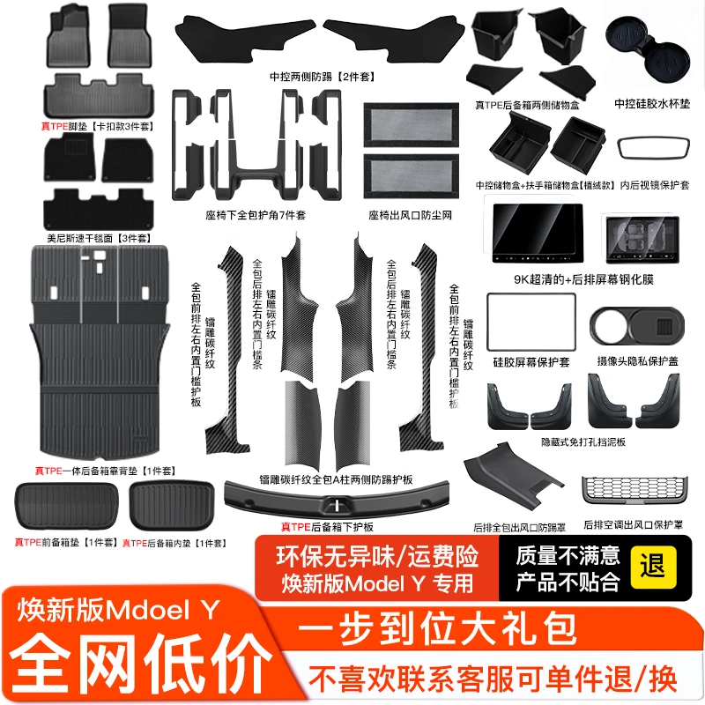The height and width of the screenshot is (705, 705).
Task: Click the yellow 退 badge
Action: click(x=653, y=567)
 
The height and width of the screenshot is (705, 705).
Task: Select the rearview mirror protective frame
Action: click(x=653, y=148)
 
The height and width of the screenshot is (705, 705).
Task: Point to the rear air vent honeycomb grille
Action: click(x=634, y=490)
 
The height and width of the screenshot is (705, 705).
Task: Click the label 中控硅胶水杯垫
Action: click(x=652, y=104)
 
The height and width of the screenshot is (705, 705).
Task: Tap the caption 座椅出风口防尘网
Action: click(x=410, y=215)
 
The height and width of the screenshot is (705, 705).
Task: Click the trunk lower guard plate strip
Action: click(x=337, y=499)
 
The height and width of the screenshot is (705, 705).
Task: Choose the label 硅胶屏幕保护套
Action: click(x=531, y=362)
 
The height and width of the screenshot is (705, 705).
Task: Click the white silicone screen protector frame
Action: click(x=531, y=323)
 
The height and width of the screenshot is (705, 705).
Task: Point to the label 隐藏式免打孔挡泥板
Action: click(x=583, y=442)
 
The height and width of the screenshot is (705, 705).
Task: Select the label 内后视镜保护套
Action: click(x=654, y=185)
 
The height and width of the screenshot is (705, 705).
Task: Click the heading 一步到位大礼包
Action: click(x=436, y=628)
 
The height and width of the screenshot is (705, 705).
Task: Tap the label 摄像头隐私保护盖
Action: click(x=637, y=361)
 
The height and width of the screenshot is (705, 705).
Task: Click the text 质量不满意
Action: click(x=568, y=555)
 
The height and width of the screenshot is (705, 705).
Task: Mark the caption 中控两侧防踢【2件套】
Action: click(x=322, y=77)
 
